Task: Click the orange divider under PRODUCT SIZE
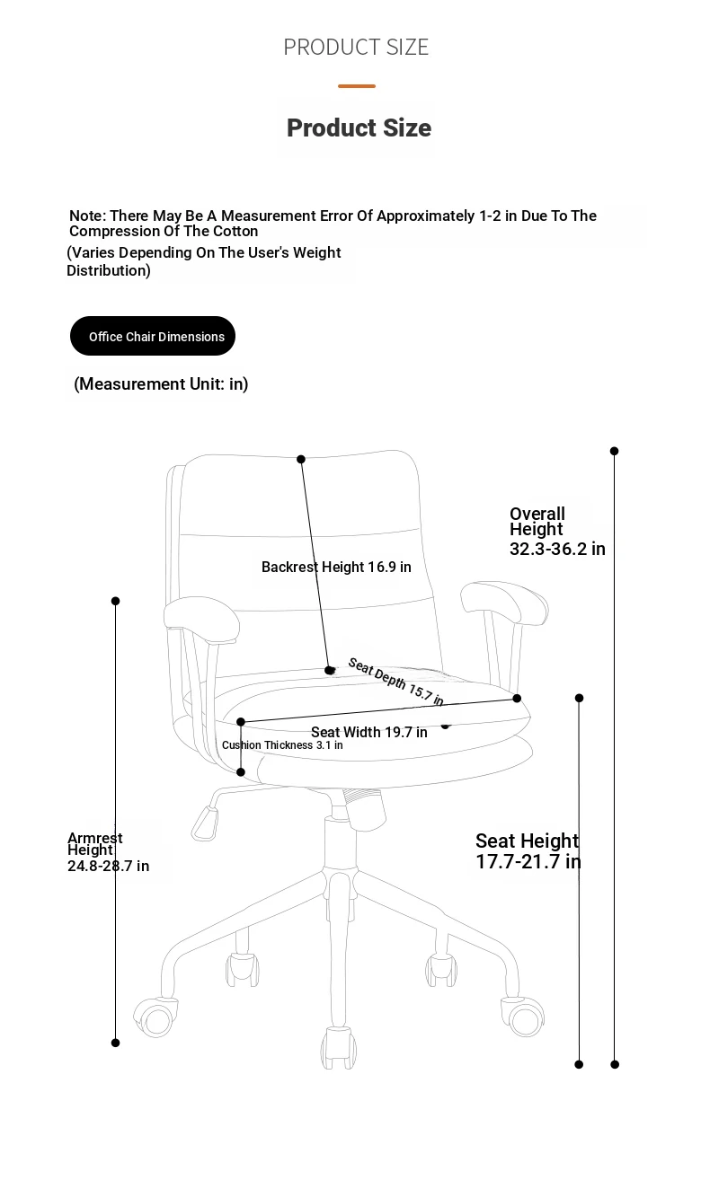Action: point(356,86)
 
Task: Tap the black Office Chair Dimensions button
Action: point(152,336)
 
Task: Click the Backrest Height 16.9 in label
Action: point(336,567)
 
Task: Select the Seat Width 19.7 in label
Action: point(369,732)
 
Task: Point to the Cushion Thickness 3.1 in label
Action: point(282,744)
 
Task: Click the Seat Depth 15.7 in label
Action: point(395,681)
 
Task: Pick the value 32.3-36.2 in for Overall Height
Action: point(557,549)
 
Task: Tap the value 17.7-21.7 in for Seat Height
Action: point(528,862)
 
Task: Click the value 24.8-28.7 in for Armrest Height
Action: point(108,866)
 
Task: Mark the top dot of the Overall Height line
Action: point(614,451)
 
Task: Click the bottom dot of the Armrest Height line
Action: point(115,1043)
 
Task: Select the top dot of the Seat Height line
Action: point(580,698)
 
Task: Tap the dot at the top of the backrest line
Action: point(301,460)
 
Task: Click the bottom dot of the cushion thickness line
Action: point(241,772)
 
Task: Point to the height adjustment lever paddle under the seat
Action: point(205,823)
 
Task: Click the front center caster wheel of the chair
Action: point(339,1048)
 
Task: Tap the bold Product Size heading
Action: point(359,128)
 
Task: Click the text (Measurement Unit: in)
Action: point(161,384)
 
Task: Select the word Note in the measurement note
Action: point(87,216)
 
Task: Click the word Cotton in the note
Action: point(235,232)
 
